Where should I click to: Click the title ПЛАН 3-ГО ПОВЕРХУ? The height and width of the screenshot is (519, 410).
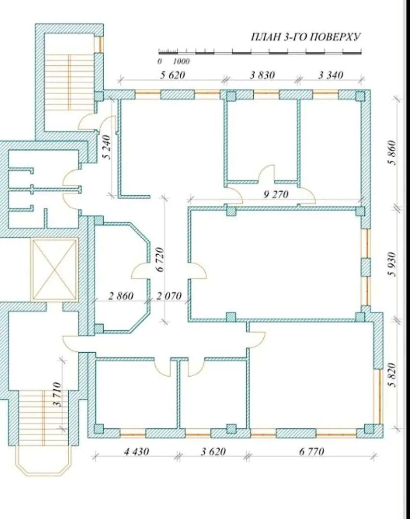(305, 37)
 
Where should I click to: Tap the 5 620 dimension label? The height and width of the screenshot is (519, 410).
(172, 75)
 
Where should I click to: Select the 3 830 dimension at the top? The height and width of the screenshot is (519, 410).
(262, 75)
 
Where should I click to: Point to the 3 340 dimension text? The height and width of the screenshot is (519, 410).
(331, 75)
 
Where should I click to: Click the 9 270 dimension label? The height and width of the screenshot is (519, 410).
(276, 194)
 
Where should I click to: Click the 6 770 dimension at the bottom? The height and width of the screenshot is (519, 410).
(311, 451)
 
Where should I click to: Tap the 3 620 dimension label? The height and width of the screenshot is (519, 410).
(213, 451)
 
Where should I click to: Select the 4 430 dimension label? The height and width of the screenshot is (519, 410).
(137, 451)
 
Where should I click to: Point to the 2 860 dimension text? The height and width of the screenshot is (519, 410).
(121, 296)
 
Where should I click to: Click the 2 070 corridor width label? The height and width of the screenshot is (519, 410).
(169, 296)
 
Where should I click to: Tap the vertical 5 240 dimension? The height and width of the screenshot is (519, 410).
(108, 147)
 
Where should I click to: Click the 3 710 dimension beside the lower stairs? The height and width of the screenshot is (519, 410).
(57, 394)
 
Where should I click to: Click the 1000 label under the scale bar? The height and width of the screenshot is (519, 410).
(181, 62)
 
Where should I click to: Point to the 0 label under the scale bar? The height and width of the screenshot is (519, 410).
(160, 62)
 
